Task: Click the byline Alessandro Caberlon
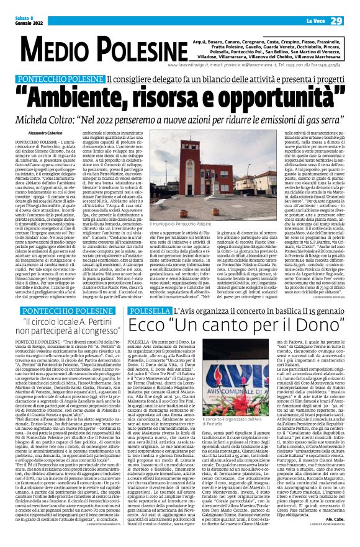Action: (48, 132)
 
